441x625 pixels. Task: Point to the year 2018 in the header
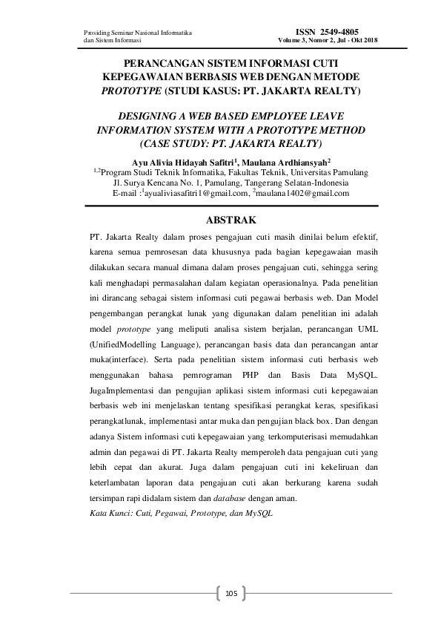(x=368, y=40)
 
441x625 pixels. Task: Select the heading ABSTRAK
(x=230, y=220)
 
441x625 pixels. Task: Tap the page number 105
(x=231, y=593)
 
